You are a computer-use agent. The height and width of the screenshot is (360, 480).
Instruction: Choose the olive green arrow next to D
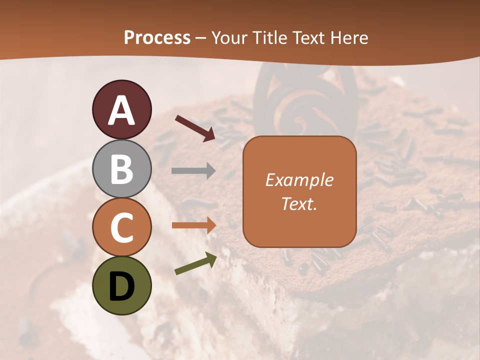[x=195, y=263]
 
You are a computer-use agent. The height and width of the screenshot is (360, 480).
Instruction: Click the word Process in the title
[x=157, y=38]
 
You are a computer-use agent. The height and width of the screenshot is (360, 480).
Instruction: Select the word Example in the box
[x=299, y=180]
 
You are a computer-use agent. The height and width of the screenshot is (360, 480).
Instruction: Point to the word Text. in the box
[x=299, y=204]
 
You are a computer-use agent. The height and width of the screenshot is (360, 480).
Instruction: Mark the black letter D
[x=121, y=286]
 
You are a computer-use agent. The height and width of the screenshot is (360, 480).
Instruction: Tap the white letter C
[x=121, y=228]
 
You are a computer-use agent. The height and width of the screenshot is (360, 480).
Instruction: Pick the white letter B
[x=121, y=169]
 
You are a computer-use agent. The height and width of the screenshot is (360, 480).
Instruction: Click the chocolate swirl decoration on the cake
[x=305, y=100]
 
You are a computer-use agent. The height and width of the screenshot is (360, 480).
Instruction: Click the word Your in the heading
[x=229, y=38]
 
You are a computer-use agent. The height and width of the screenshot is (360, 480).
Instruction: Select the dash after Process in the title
[x=200, y=38]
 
